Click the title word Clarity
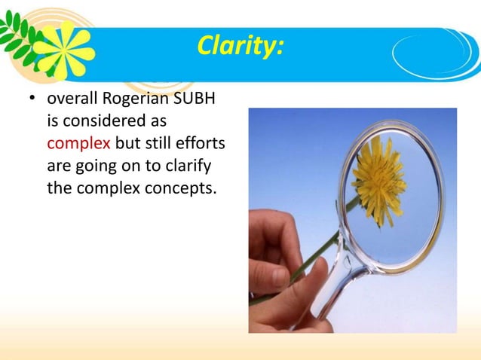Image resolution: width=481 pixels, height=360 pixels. pos(240,47)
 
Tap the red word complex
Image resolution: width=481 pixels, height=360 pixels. pos(78,143)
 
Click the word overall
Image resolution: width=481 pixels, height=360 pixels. pos(72,99)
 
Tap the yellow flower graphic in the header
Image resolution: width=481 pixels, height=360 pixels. pos(63,50)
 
